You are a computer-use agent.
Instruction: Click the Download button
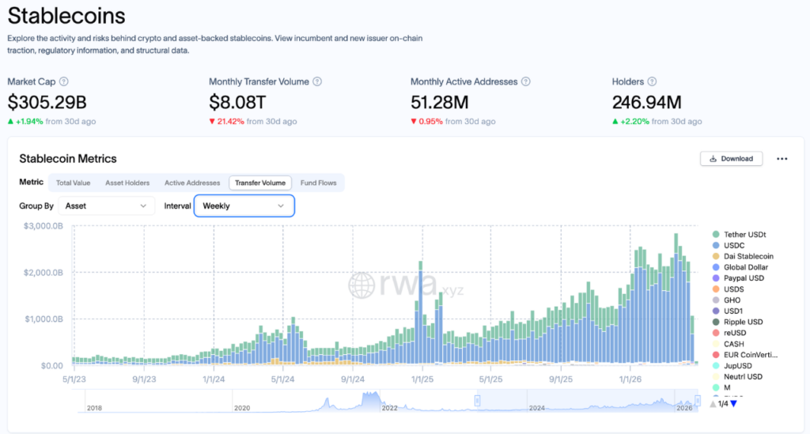pyautogui.click(x=732, y=158)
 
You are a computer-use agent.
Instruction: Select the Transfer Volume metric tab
pyautogui.click(x=260, y=183)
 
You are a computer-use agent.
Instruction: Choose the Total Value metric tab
pyautogui.click(x=73, y=183)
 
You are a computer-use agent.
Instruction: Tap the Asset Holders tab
pyautogui.click(x=127, y=183)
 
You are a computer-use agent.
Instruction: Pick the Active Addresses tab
pyautogui.click(x=192, y=183)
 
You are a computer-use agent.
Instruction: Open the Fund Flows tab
pyautogui.click(x=318, y=183)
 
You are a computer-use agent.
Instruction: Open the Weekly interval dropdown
pyautogui.click(x=244, y=206)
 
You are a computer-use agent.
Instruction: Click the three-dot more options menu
pyautogui.click(x=782, y=159)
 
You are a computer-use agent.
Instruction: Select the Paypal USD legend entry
pyautogui.click(x=744, y=278)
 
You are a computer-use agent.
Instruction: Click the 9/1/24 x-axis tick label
pyautogui.click(x=352, y=379)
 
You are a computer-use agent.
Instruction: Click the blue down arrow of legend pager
pyautogui.click(x=733, y=404)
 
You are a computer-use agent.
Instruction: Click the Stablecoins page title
pyautogui.click(x=66, y=15)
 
